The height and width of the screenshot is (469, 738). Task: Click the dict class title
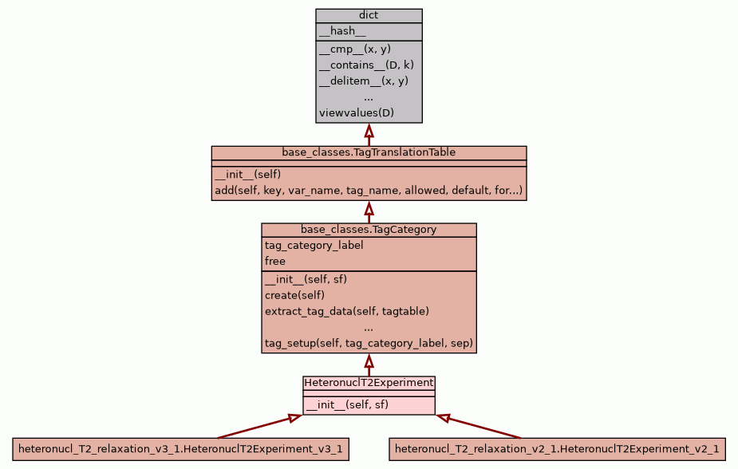coord(369,15)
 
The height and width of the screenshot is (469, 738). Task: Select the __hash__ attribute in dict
coord(342,32)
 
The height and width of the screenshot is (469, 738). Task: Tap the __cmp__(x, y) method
coord(354,49)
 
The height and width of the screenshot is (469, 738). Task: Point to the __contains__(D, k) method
coord(366,65)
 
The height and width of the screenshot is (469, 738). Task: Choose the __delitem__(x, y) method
coord(363,81)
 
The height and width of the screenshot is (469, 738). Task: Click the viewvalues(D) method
coord(356,113)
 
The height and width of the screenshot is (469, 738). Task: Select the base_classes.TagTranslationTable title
coord(369,152)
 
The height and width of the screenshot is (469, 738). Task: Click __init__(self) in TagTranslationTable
coord(247,175)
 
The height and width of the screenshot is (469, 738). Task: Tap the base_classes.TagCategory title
coord(369,230)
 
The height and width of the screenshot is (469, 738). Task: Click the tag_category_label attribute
coord(314,246)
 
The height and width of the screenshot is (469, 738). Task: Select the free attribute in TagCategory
coord(275,262)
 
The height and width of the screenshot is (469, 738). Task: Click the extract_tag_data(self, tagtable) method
coord(347,311)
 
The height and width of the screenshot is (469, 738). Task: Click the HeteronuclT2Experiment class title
coord(369,383)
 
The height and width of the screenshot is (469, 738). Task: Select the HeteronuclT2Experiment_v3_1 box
coord(180,450)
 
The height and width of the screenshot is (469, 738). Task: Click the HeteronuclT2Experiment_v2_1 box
coord(557,450)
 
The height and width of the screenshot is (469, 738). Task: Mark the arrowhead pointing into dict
coord(369,130)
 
